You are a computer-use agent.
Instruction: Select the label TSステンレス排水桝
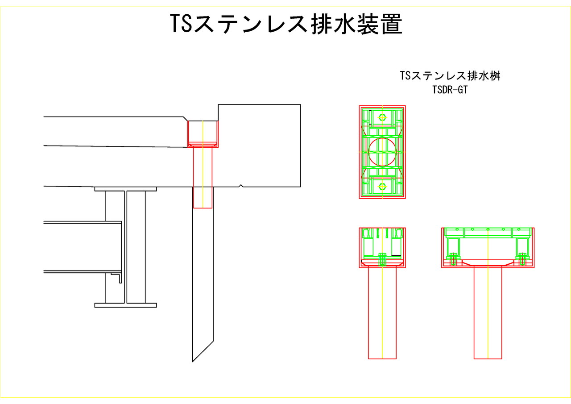click(x=450, y=76)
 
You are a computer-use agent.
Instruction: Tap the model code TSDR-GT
click(x=450, y=90)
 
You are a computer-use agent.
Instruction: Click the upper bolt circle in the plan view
click(x=382, y=117)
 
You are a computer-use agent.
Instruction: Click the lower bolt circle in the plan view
click(x=382, y=186)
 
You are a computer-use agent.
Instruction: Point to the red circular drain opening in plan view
click(x=382, y=152)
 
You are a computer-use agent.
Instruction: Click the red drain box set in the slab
click(x=203, y=133)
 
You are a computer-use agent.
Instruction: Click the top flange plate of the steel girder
click(x=125, y=189)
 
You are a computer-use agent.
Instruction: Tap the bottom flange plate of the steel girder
click(x=125, y=305)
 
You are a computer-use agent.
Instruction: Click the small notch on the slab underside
click(x=241, y=185)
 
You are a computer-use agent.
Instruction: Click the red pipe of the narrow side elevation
click(x=382, y=312)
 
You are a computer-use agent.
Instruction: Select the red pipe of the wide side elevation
click(x=488, y=312)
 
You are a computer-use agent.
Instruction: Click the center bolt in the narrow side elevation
click(x=382, y=259)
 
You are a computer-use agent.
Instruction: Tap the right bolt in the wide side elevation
click(x=522, y=259)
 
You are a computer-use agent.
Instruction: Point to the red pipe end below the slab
click(x=203, y=198)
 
